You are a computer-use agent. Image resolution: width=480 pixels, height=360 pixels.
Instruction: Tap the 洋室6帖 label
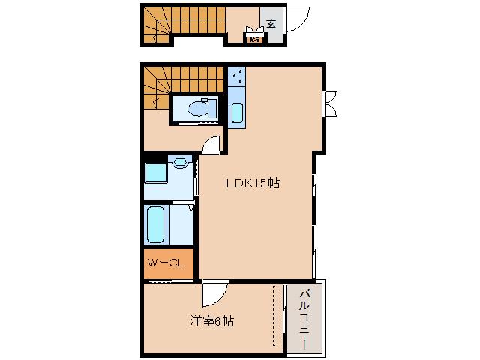(x=211, y=321)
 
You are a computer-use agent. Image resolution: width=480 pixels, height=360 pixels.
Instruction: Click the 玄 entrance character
(x=270, y=23)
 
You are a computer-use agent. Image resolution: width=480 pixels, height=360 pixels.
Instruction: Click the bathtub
(x=157, y=224)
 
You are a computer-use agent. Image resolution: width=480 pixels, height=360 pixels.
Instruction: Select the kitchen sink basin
(x=237, y=113)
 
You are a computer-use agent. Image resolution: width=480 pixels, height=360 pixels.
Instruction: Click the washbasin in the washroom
(x=180, y=161)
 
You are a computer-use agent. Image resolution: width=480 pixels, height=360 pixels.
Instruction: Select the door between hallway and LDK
(x=211, y=145)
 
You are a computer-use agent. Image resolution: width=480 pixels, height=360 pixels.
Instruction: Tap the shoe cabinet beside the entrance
(x=254, y=37)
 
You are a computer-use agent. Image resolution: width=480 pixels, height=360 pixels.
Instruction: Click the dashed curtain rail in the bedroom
(x=275, y=315)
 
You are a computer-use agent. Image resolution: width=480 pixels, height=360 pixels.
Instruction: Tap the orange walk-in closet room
(x=168, y=262)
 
